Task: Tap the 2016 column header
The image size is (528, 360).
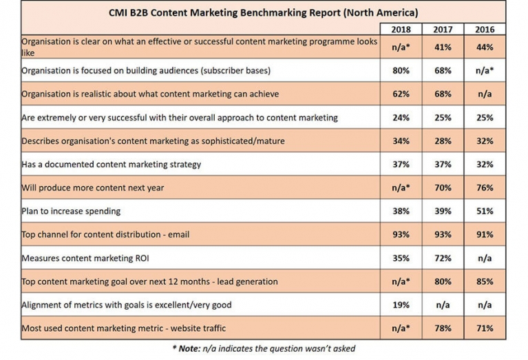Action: (x=485, y=30)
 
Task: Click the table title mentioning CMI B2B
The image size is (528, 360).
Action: (x=263, y=12)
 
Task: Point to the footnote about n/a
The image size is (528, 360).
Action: (x=264, y=350)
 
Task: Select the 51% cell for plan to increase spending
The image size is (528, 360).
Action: (x=485, y=211)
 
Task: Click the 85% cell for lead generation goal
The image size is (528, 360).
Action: (x=485, y=282)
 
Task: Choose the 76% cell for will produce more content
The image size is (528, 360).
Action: (x=485, y=188)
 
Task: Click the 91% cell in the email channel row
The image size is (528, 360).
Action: (x=485, y=235)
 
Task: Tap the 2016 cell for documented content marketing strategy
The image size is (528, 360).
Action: (x=485, y=165)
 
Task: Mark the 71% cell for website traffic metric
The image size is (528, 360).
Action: (x=485, y=328)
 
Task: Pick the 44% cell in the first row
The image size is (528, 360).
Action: (x=485, y=47)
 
